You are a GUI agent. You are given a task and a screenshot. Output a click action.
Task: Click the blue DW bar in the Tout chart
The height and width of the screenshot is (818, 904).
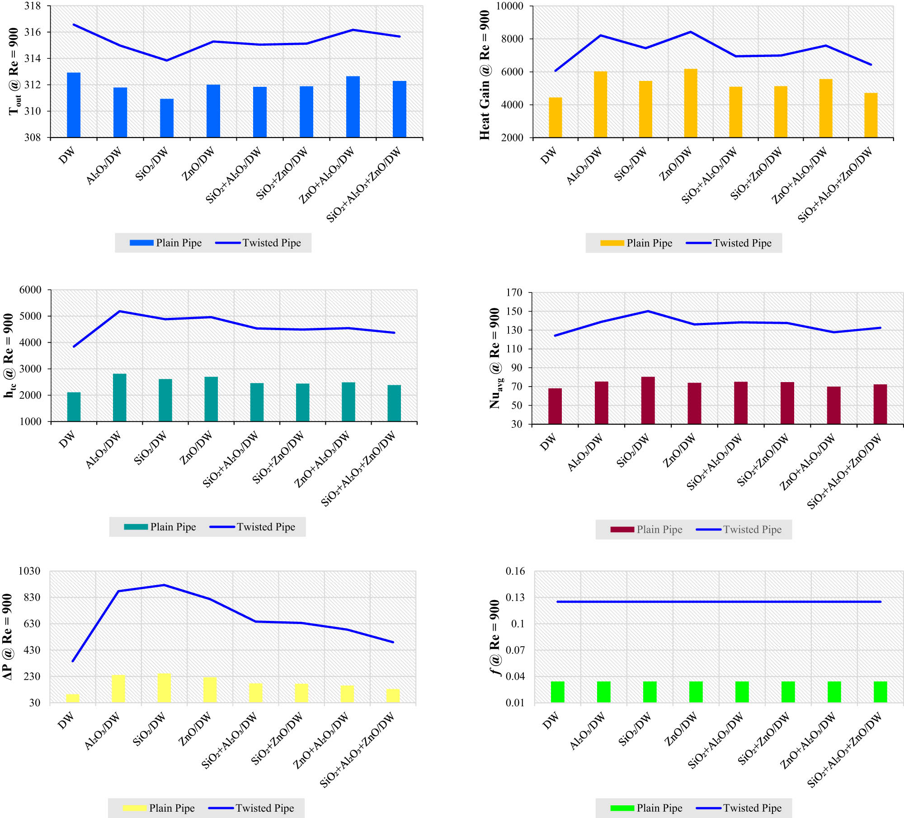[74, 105]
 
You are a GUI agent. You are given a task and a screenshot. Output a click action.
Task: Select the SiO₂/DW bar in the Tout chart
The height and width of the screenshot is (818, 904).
[167, 118]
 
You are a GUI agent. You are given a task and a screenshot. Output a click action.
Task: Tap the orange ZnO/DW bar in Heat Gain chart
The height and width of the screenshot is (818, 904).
[690, 103]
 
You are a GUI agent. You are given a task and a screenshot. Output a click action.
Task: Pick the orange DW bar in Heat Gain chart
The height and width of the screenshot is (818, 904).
[555, 117]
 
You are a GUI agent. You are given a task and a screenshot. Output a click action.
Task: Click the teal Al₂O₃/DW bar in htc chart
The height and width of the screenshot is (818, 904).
[119, 397]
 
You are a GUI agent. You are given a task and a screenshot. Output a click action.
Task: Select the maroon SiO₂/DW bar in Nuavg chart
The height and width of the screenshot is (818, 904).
[648, 400]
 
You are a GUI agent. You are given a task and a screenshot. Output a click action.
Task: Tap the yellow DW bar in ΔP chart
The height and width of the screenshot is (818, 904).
[72, 698]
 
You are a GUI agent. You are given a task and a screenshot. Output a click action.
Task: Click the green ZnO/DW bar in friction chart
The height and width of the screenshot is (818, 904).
[696, 692]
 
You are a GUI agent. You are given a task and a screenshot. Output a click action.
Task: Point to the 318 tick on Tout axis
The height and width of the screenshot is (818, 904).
[32, 6]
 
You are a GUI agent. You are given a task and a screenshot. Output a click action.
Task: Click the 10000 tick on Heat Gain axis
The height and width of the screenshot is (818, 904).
[509, 6]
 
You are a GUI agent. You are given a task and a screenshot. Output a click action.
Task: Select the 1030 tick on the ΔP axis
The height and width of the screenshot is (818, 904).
[29, 571]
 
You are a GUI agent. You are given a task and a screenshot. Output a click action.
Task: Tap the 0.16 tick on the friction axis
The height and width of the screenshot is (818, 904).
[515, 571]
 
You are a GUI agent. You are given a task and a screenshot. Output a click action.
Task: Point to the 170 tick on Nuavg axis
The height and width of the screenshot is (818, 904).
[514, 293]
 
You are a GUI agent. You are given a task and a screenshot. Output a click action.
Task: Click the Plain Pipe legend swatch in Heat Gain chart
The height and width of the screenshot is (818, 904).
[612, 243]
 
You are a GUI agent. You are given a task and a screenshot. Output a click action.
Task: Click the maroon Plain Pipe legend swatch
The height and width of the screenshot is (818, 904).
[622, 530]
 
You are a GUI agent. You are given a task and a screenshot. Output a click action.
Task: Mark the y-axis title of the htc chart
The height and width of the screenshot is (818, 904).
[9, 355]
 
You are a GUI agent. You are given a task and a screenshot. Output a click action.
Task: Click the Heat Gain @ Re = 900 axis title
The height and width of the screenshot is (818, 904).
[485, 75]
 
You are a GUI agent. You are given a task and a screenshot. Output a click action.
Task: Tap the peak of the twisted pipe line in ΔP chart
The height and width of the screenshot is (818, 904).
[164, 585]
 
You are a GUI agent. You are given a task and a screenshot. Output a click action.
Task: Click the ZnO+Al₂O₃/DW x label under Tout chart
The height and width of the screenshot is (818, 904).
[327, 175]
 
